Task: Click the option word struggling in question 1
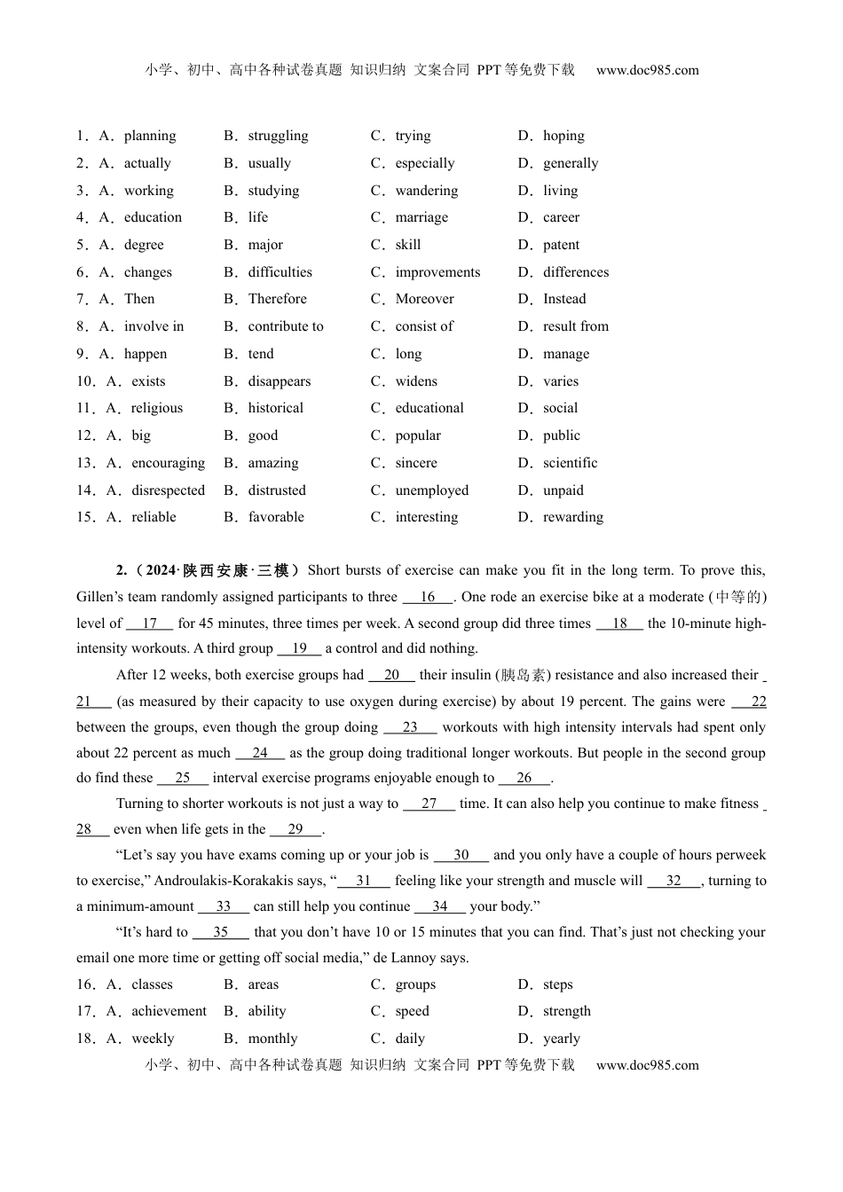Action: (278, 136)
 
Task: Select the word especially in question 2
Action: (424, 163)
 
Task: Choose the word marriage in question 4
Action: (421, 217)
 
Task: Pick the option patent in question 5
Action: (561, 245)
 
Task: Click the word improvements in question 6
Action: (437, 272)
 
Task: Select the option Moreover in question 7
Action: (424, 299)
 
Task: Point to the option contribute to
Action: (286, 326)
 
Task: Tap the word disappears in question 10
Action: (280, 381)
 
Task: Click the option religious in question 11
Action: (156, 408)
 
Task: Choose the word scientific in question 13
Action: (570, 463)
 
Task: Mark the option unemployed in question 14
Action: (431, 490)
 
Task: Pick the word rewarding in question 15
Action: (572, 517)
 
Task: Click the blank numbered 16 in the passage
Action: (428, 597)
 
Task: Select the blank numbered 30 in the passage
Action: (461, 855)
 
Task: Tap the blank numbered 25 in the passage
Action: (183, 778)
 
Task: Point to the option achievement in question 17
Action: (169, 1011)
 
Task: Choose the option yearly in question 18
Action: (561, 1039)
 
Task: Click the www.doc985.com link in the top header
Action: (647, 70)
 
